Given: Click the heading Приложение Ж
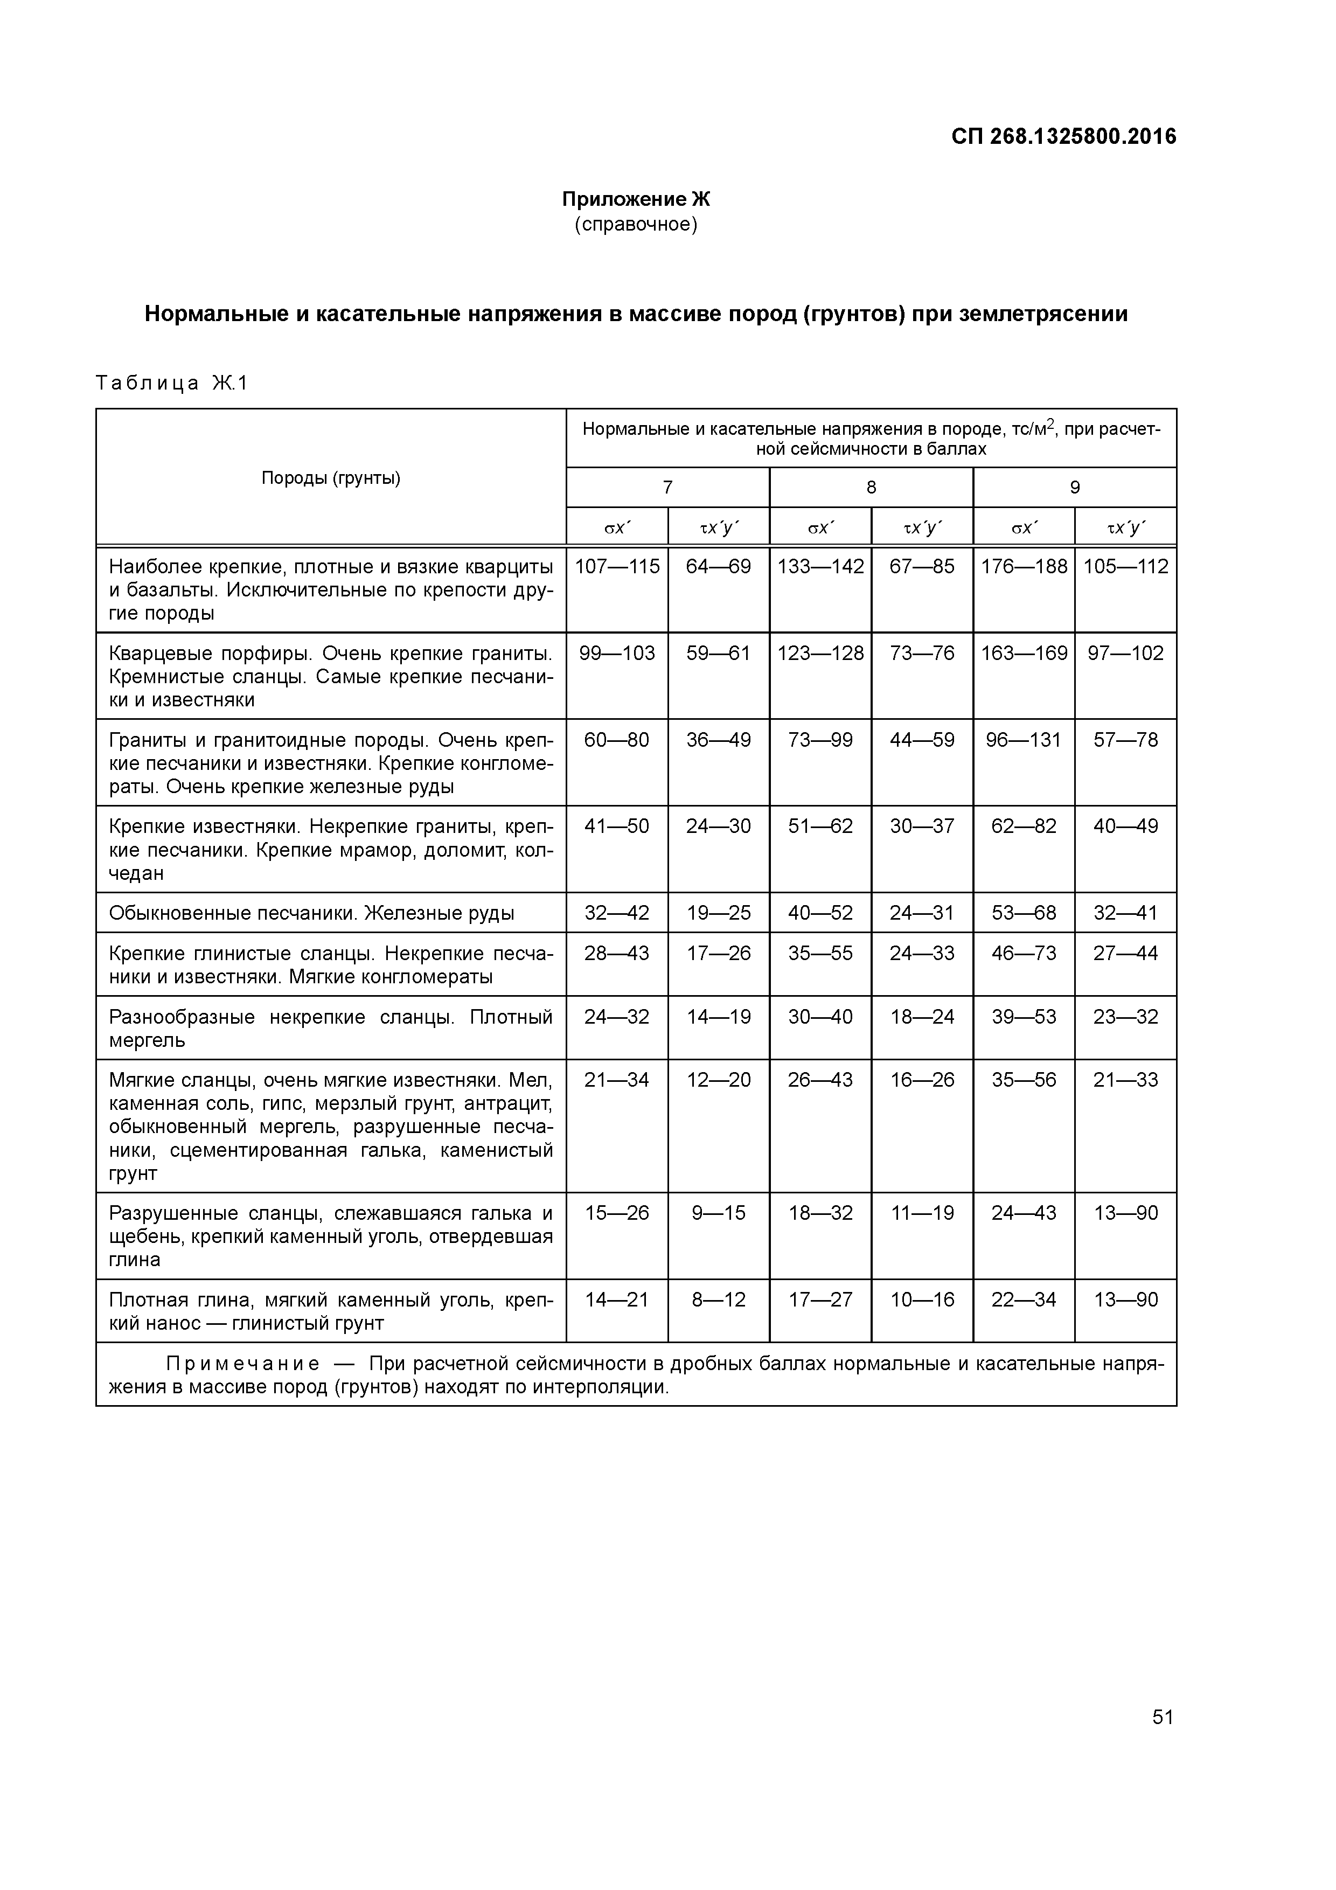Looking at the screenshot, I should [636, 199].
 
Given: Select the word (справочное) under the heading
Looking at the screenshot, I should [636, 224].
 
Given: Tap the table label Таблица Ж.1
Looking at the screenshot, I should [171, 384].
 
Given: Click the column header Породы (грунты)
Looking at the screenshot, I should [331, 478].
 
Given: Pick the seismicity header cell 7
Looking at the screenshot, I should [667, 488].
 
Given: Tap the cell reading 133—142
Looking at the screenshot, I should [820, 566].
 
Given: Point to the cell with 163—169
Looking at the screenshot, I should [1024, 653].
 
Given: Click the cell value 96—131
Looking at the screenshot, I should [1024, 740].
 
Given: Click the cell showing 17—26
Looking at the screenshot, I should [719, 953].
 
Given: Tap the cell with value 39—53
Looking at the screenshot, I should [1024, 1017].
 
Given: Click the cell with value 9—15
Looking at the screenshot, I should [719, 1213].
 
